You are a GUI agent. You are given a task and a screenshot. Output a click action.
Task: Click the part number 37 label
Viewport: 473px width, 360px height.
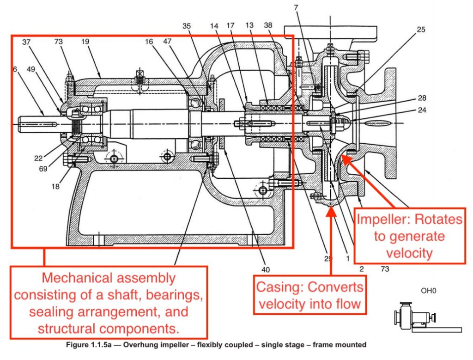pos(26,43)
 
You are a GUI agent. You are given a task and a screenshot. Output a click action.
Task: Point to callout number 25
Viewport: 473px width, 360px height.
pos(420,30)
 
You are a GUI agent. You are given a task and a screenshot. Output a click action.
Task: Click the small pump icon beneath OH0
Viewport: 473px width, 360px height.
pos(416,318)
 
